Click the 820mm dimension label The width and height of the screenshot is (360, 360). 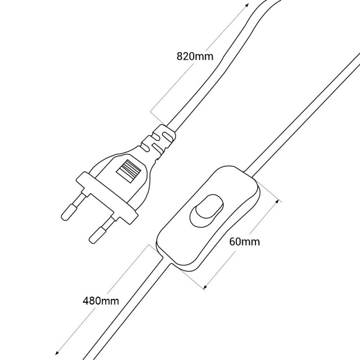pos(194,57)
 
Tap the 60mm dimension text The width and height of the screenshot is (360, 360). pos(244,242)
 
